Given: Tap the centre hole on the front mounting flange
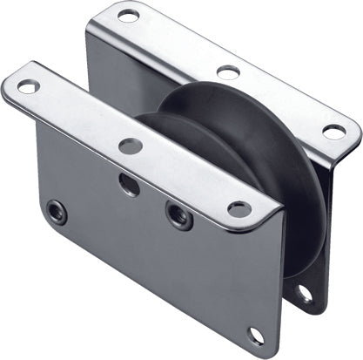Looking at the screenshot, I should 131,146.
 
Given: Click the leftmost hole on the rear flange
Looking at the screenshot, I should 128,15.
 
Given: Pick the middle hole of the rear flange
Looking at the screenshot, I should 229,72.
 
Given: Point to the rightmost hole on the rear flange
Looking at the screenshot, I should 334,132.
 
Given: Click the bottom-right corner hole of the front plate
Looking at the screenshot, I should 255,335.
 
